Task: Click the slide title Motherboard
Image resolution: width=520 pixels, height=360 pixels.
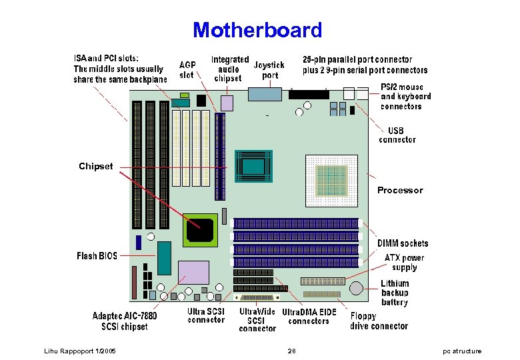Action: pyautogui.click(x=257, y=30)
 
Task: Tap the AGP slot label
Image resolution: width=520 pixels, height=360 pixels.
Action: pyautogui.click(x=187, y=70)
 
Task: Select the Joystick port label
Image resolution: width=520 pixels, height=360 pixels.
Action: pyautogui.click(x=269, y=70)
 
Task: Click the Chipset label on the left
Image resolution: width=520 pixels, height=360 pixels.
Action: pyautogui.click(x=96, y=166)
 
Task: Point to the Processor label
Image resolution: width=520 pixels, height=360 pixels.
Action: pyautogui.click(x=400, y=190)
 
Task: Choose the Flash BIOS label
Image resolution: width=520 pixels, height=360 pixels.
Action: pyautogui.click(x=97, y=256)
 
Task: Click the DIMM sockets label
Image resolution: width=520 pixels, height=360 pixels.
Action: pyautogui.click(x=403, y=243)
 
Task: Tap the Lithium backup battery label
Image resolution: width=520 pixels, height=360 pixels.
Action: pyautogui.click(x=395, y=293)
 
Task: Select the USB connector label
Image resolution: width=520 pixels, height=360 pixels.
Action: pyautogui.click(x=397, y=135)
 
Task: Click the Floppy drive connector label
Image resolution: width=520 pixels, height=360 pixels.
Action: pyautogui.click(x=379, y=321)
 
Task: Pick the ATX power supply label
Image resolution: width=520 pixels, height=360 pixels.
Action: pyautogui.click(x=404, y=262)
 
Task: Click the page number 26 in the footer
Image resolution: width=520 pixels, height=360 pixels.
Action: pyautogui.click(x=291, y=351)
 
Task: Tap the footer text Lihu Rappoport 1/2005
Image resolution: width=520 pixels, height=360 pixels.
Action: pyautogui.click(x=79, y=351)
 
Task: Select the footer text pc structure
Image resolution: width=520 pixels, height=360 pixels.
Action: pyautogui.click(x=462, y=351)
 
